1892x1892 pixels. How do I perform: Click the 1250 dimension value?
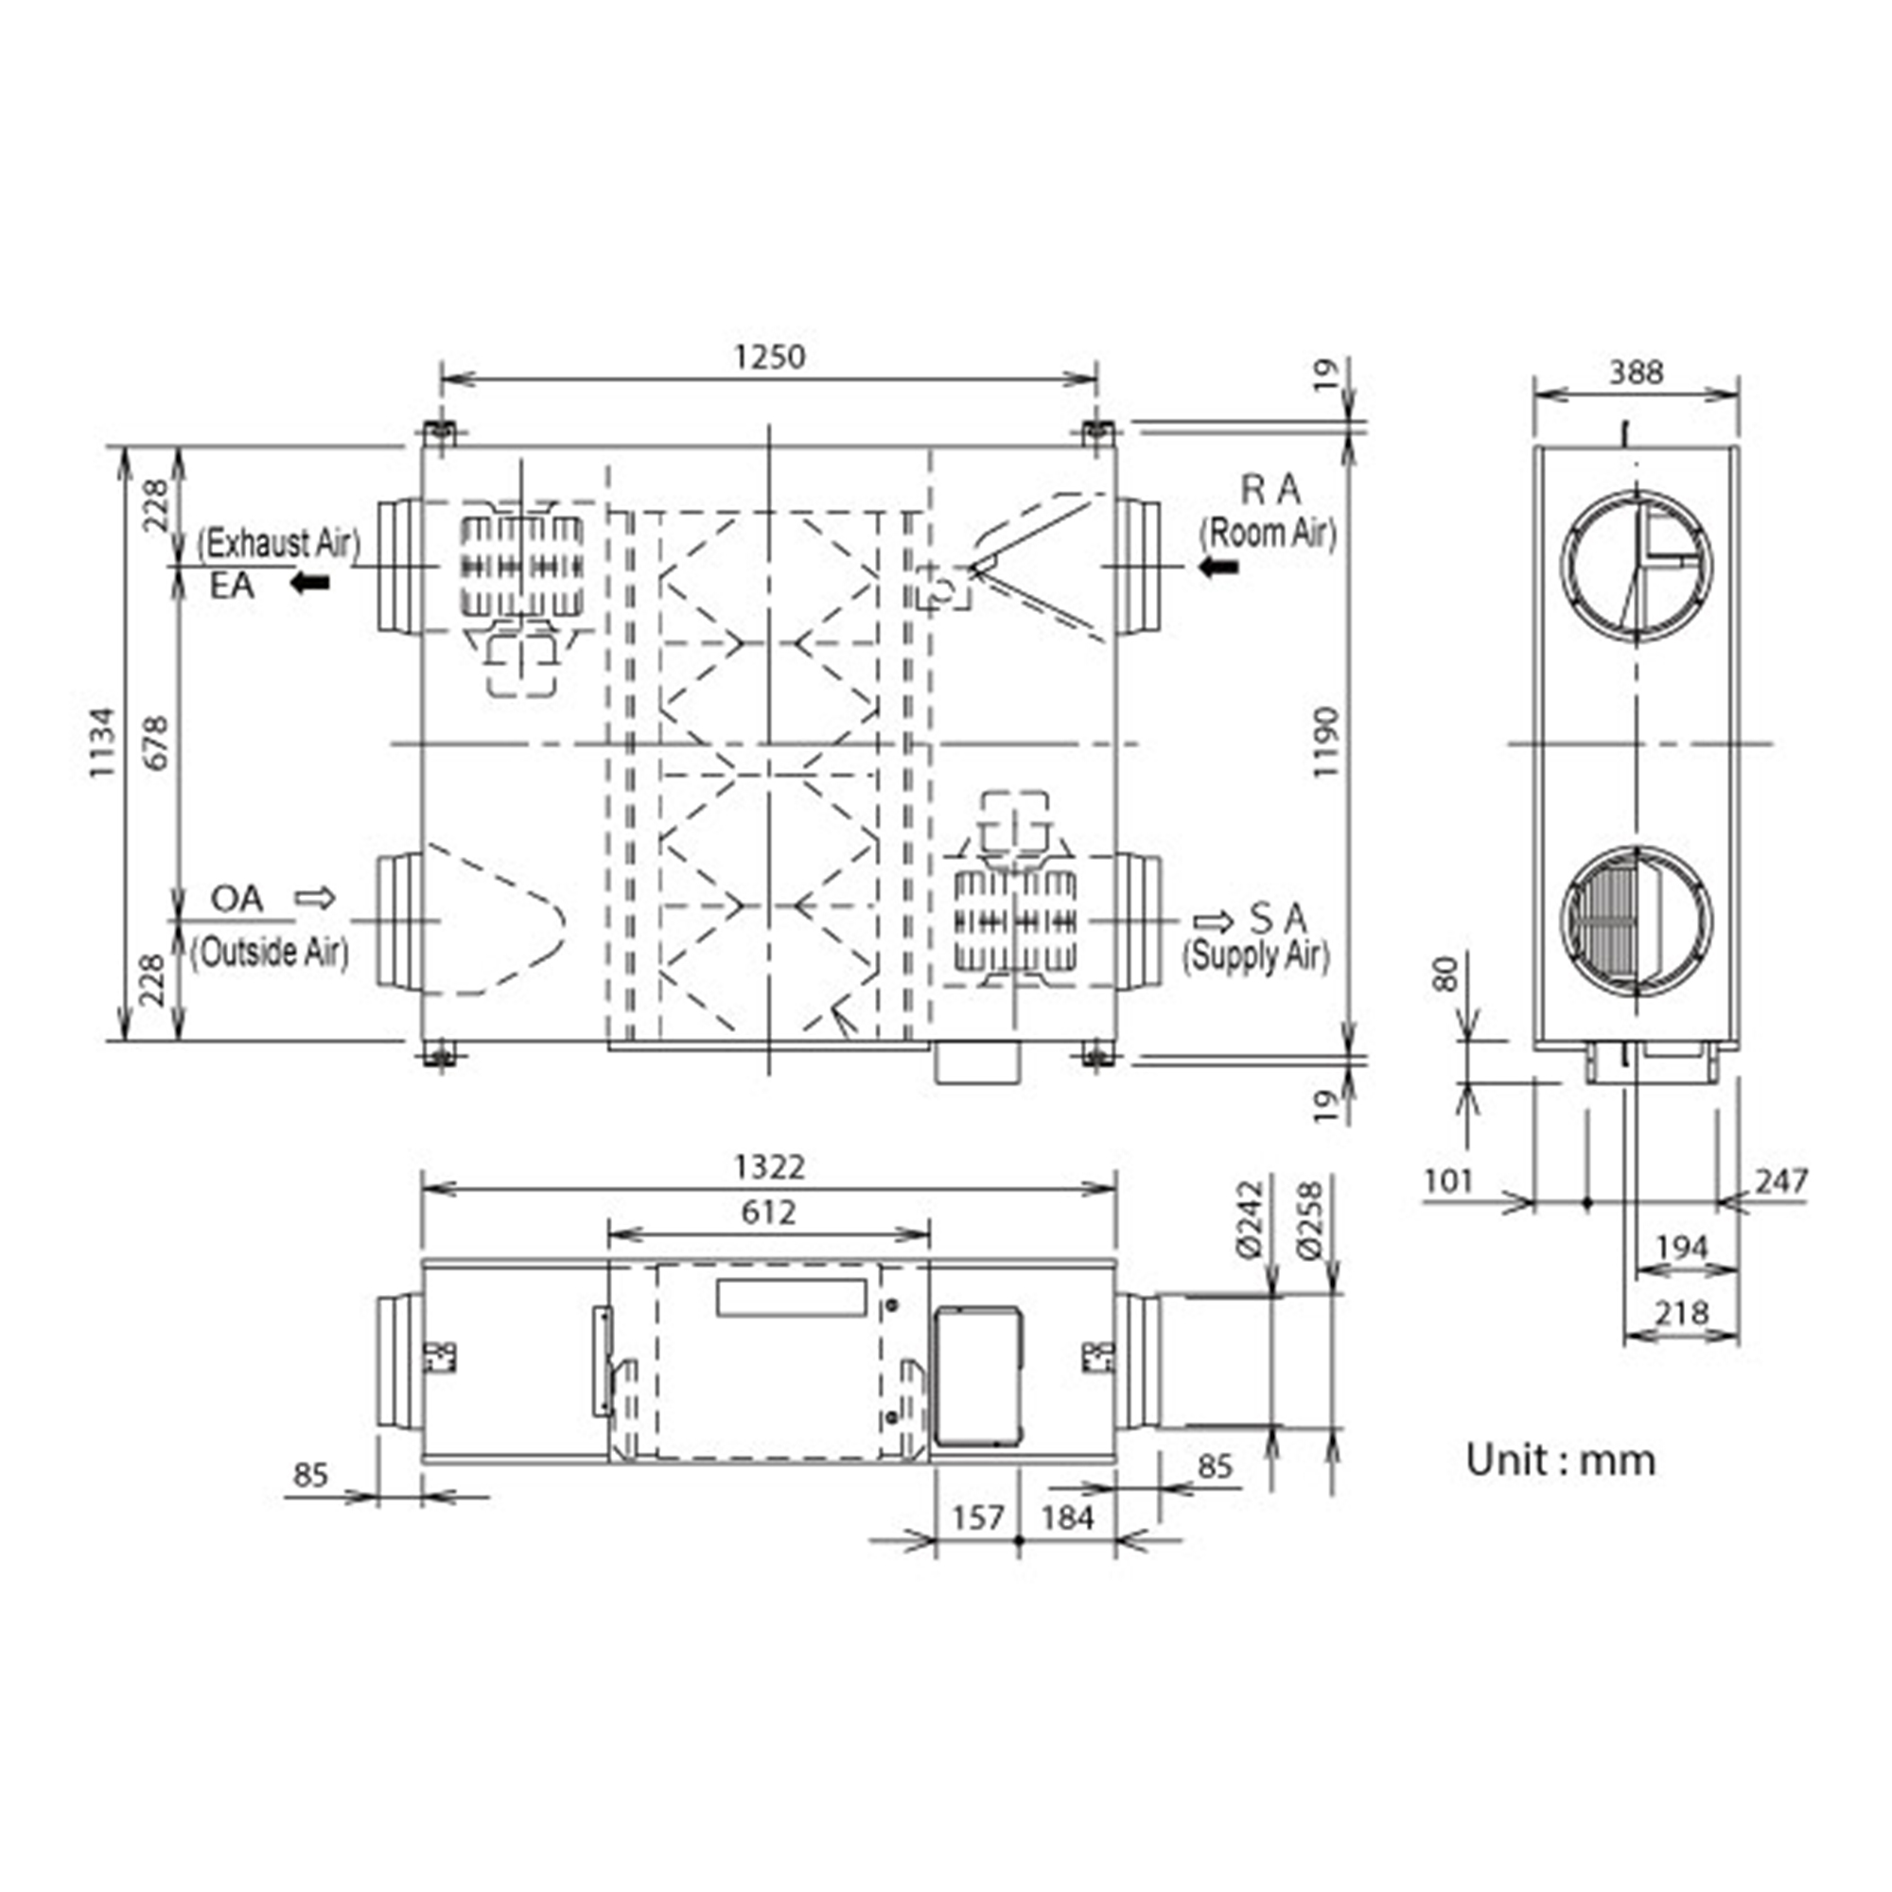coord(770,357)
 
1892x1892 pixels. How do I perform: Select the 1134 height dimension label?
coord(102,743)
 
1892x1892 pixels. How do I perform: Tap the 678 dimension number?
coord(157,743)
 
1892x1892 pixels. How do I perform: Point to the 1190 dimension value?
coord(1325,743)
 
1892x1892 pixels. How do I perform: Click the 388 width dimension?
coord(1637,372)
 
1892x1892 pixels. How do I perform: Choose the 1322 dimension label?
coord(770,1167)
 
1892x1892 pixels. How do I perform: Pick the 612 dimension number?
coord(769,1214)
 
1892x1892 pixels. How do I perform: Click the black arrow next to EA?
coord(310,584)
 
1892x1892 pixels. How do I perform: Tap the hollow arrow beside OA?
coord(315,897)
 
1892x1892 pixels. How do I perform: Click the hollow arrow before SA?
coord(1214,921)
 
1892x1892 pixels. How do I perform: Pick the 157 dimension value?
coord(978,1518)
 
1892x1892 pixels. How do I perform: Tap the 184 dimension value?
coord(1067,1518)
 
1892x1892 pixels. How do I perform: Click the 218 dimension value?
coord(1681,1312)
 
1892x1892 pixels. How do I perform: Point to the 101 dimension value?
coord(1448,1181)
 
